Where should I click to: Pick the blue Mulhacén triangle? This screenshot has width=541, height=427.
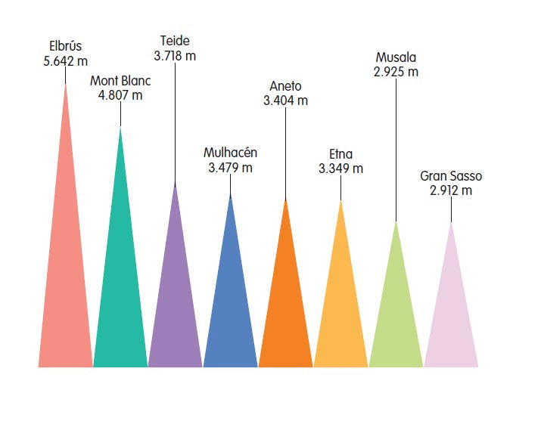(231, 310)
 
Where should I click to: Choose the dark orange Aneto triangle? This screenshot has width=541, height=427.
(285, 310)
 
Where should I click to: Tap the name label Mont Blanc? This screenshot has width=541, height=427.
(120, 81)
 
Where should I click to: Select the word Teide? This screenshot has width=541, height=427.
(175, 41)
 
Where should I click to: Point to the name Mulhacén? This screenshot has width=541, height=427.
(230, 153)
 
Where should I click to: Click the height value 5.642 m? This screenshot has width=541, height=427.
(66, 60)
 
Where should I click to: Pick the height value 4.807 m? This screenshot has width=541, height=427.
(120, 95)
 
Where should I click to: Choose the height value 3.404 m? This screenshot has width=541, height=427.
(285, 100)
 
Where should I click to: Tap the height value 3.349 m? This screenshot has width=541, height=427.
(340, 168)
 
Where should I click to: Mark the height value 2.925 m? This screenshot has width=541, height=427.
(396, 72)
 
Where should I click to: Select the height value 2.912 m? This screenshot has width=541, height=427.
(450, 190)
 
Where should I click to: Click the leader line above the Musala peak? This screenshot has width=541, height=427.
(396, 151)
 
